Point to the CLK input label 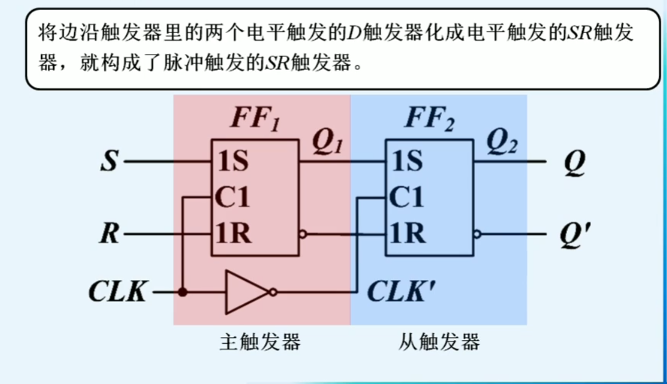[118, 293]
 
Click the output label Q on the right [574, 163]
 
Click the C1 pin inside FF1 [233, 198]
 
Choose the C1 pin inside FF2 [407, 198]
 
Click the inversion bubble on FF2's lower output [477, 235]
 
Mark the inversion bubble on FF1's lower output [303, 235]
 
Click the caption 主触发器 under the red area [260, 342]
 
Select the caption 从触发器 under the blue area [439, 342]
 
